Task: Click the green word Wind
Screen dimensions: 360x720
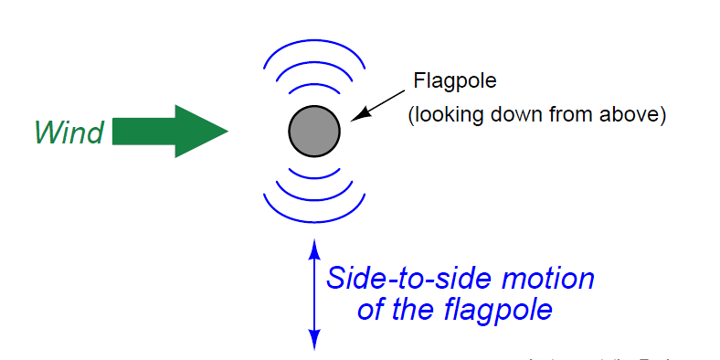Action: (x=69, y=133)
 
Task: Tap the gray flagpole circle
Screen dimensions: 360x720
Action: (x=314, y=132)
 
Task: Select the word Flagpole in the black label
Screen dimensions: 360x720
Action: (x=455, y=80)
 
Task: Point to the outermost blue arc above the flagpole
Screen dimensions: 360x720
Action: (x=314, y=42)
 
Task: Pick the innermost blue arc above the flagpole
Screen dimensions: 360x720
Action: (x=314, y=90)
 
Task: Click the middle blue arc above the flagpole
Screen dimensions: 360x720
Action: (x=314, y=66)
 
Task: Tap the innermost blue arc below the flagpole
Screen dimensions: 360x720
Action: (x=314, y=175)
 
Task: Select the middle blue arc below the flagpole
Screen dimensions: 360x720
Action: (x=314, y=197)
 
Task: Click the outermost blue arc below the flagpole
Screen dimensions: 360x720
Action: (x=314, y=221)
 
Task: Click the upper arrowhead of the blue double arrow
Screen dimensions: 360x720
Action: (x=314, y=247)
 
